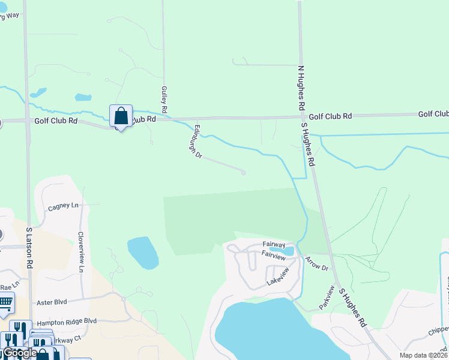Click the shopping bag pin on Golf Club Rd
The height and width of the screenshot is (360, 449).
121,116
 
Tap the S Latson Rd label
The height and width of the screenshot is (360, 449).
28,247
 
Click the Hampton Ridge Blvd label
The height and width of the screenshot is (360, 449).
67,322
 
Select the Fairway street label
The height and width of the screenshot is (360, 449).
274,244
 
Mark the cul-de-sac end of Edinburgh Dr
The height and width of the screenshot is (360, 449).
243,173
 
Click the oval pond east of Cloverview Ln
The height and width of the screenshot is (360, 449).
143,252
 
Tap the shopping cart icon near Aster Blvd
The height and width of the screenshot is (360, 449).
5,302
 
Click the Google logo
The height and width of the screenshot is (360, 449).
20,353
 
